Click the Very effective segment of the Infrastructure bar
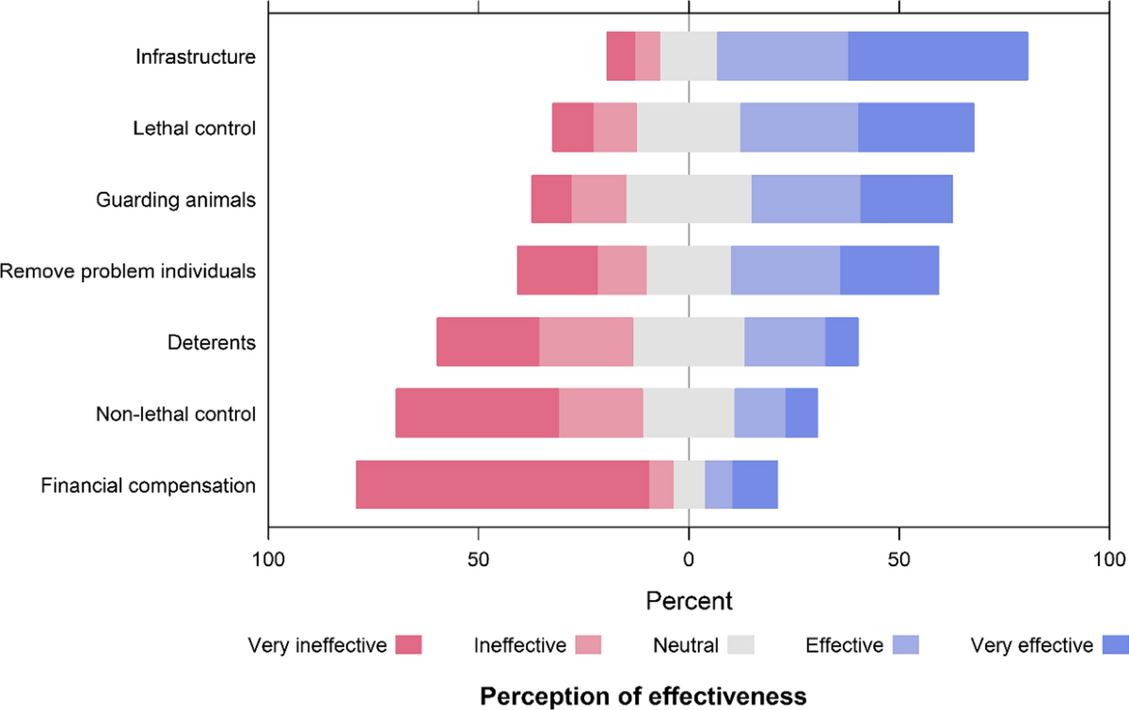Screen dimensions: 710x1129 pyautogui.click(x=938, y=56)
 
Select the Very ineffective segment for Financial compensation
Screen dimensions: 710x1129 pyautogui.click(x=502, y=485)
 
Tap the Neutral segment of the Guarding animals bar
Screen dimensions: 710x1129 pyautogui.click(x=689, y=199)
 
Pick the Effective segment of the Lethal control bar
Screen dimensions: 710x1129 pyautogui.click(x=799, y=128)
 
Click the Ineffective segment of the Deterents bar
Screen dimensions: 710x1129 pyautogui.click(x=586, y=342)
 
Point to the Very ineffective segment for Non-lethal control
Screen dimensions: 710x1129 pyautogui.click(x=477, y=414)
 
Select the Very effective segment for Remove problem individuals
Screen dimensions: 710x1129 pyautogui.click(x=890, y=271)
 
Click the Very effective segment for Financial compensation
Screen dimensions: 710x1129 pyautogui.click(x=755, y=485)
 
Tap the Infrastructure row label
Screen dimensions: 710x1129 pyautogui.click(x=195, y=56)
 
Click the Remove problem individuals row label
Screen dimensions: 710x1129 pyautogui.click(x=128, y=271)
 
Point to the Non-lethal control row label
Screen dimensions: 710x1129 pyautogui.click(x=176, y=414)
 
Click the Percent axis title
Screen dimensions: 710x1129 pyautogui.click(x=689, y=599)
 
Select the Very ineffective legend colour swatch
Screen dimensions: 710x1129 pyautogui.click(x=408, y=645)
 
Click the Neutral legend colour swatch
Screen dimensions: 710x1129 pyautogui.click(x=741, y=645)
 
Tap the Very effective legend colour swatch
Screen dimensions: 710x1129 pyautogui.click(x=1113, y=645)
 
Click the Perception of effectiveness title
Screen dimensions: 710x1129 pyautogui.click(x=644, y=696)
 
